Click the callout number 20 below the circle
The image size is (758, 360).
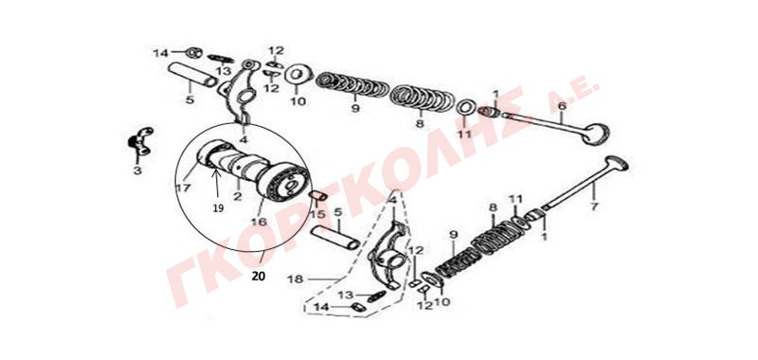coord(259,277)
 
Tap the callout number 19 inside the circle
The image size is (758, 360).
coord(218,208)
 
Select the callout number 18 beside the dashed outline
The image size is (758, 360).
coord(295,279)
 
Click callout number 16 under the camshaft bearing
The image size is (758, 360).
coord(259,222)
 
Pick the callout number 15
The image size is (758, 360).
coord(316,213)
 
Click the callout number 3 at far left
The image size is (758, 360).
coord(136,171)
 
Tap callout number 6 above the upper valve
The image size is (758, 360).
coord(561,106)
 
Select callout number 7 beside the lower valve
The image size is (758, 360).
coord(594,207)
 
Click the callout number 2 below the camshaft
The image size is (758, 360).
coord(238,196)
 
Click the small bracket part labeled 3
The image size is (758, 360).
coord(139,139)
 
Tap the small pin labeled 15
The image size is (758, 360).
coord(318,195)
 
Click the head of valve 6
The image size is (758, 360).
coord(596,134)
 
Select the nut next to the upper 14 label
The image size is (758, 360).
coord(194,52)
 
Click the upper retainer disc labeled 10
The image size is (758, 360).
coord(298,75)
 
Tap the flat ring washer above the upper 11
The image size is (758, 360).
coord(465,108)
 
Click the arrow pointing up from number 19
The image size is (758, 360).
coord(218,186)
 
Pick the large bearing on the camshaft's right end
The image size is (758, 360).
coord(282,184)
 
